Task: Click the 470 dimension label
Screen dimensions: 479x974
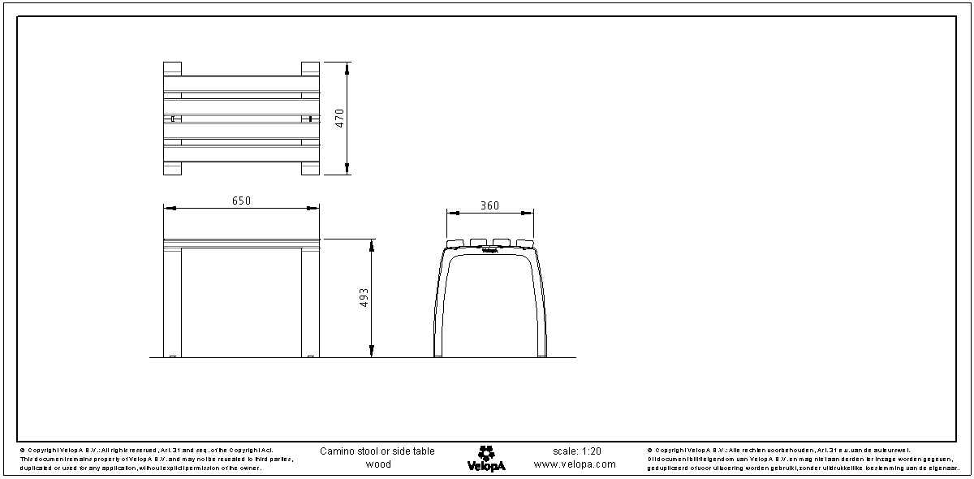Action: (341, 118)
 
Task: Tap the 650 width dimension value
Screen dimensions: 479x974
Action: (241, 201)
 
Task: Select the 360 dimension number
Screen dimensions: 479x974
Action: (489, 205)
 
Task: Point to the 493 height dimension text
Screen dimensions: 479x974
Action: (364, 298)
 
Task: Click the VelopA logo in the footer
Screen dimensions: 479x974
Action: (486, 459)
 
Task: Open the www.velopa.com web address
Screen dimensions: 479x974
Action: (575, 465)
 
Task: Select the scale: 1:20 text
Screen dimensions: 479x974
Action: (577, 451)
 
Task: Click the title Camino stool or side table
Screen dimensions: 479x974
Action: (377, 451)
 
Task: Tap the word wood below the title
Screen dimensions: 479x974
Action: (377, 465)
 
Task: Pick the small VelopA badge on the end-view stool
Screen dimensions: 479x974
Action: (489, 251)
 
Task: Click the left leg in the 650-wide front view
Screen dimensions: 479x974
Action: (173, 302)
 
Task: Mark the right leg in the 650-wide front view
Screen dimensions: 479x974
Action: (311, 302)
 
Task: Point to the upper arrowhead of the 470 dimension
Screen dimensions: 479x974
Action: (347, 67)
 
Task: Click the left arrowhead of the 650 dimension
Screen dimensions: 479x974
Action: (169, 209)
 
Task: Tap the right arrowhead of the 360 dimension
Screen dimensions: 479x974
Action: (528, 214)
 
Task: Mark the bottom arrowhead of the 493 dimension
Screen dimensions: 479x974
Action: (372, 352)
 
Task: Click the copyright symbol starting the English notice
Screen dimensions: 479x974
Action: (22, 450)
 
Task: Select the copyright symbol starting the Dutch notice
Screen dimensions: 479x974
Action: (650, 450)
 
